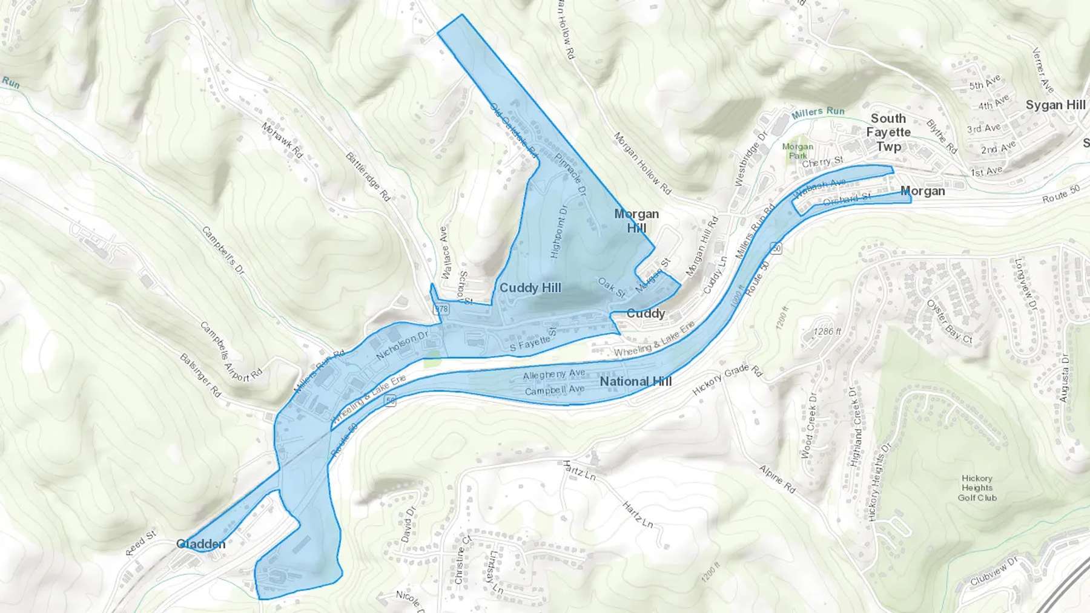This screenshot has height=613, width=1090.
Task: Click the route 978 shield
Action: (441, 309)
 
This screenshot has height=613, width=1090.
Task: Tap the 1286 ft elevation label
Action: (827, 332)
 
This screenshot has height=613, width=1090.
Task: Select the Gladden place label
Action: (201, 544)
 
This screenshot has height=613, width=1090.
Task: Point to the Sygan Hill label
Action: (1055, 105)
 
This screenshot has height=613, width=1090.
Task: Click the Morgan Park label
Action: (798, 151)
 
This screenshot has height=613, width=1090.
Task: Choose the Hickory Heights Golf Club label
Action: (977, 488)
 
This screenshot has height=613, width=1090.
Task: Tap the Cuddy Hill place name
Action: (530, 288)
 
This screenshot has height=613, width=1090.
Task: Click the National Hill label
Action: (636, 381)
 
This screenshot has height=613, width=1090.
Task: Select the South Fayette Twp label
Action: (888, 132)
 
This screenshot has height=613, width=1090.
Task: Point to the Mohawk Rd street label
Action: (282, 140)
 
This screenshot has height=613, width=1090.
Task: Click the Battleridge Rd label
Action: (368, 176)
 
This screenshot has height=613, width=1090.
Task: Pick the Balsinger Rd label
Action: (200, 375)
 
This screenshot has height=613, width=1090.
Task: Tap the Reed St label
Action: (141, 543)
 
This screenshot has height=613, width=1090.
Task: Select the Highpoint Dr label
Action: (560, 232)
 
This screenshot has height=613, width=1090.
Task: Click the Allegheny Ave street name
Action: (554, 375)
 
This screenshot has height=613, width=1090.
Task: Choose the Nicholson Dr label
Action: (401, 346)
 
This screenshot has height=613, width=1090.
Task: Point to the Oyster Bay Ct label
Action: (949, 321)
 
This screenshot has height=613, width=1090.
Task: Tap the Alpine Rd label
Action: (777, 478)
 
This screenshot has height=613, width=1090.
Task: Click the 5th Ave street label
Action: (985, 82)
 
